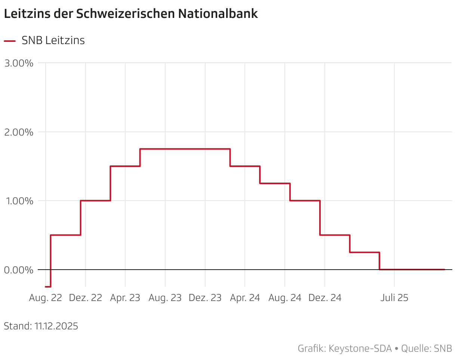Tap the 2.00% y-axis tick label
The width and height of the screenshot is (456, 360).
point(19,132)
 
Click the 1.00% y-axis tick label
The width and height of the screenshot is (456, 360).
point(19,201)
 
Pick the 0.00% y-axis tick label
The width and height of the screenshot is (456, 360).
point(19,270)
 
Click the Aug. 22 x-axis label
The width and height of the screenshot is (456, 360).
point(46,298)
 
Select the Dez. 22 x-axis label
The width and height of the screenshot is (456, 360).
point(86,298)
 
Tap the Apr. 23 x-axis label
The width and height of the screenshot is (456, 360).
point(125,298)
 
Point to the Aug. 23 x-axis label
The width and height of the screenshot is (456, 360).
point(165,298)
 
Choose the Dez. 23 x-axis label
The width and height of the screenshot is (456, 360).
point(205,298)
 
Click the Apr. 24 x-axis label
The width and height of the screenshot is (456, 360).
point(245,298)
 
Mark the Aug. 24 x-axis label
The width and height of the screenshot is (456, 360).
point(285,298)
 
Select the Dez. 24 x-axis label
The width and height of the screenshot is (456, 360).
point(325,298)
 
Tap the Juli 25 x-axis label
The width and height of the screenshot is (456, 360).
point(394,298)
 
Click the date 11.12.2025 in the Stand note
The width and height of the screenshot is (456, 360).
point(56,326)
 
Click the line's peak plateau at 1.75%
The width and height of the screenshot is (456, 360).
point(185,149)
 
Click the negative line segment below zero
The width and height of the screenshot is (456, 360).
point(48,286)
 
